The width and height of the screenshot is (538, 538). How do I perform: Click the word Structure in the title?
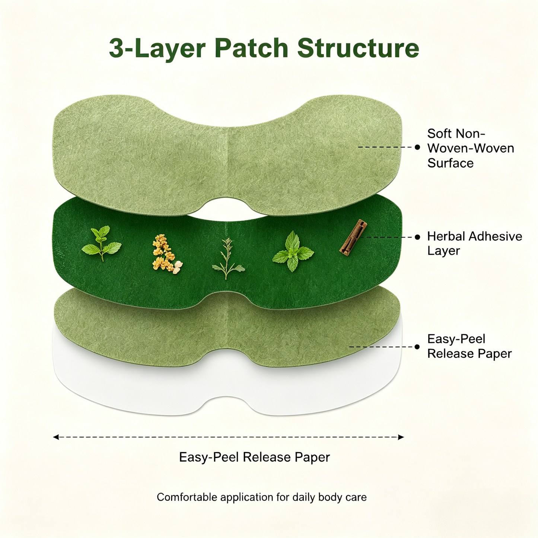358,48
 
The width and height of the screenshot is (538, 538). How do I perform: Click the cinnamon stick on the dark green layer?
353,237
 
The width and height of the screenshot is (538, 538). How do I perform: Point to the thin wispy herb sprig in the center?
228,258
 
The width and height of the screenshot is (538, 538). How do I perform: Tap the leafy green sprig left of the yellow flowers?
102,243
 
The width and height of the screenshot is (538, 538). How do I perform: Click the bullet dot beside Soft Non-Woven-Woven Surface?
417,147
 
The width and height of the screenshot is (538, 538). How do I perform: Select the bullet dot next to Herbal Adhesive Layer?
417,237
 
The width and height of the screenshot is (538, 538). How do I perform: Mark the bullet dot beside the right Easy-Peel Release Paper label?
417,347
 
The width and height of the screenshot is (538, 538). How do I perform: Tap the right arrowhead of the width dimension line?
401,437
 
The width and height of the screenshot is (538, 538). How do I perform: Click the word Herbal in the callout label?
446,236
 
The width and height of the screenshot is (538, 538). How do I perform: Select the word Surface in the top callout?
451,163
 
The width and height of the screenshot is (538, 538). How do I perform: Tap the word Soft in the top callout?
439,133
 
